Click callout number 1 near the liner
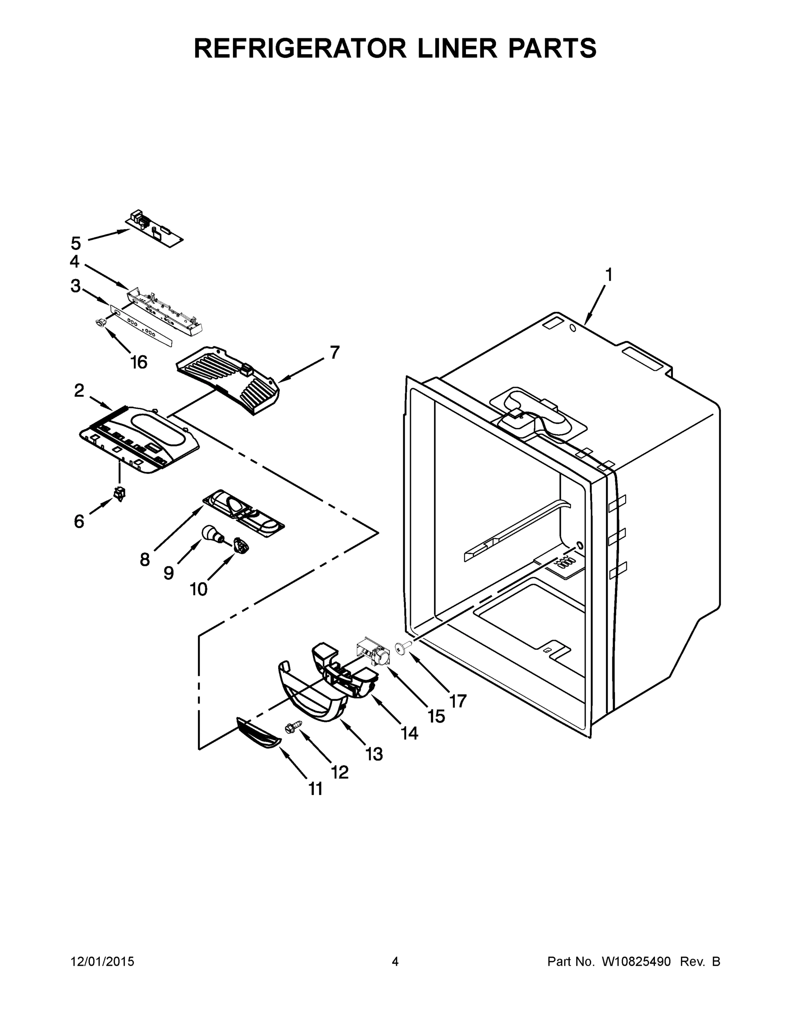pyautogui.click(x=609, y=275)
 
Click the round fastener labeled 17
pyautogui.click(x=402, y=648)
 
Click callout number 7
pyautogui.click(x=334, y=352)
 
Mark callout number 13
pyautogui.click(x=374, y=754)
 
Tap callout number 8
pyautogui.click(x=145, y=559)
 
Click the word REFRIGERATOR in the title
pyautogui.click(x=299, y=48)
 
